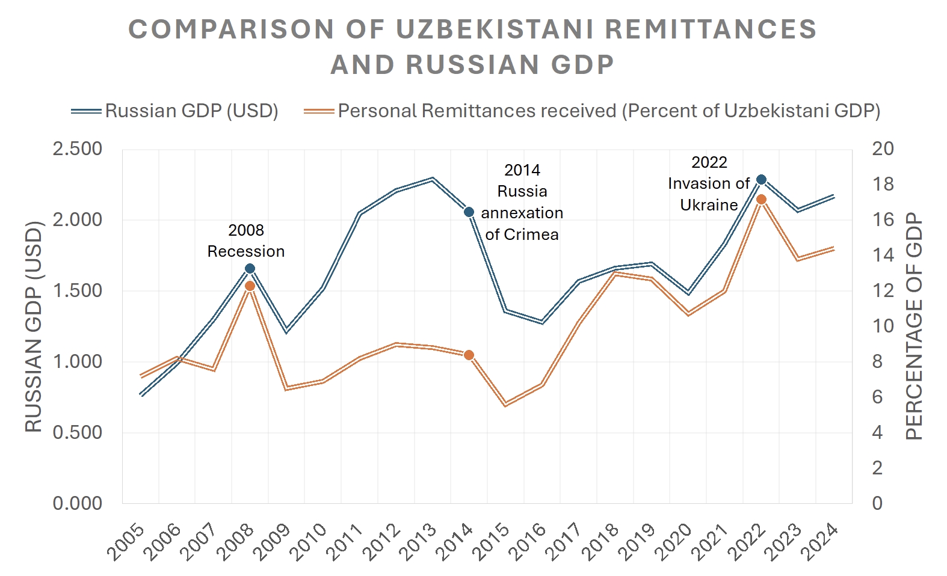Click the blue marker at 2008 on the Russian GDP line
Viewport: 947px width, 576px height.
click(250, 269)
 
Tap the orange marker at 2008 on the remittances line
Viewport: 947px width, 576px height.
click(250, 286)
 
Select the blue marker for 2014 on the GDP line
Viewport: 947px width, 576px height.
click(469, 212)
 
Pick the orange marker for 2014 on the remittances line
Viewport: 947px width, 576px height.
click(469, 355)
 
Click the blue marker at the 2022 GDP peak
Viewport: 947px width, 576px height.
click(761, 180)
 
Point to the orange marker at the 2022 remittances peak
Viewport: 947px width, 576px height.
click(761, 200)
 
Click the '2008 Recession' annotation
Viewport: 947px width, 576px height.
click(246, 241)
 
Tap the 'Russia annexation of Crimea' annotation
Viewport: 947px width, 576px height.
click(522, 203)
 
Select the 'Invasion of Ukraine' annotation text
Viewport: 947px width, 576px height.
click(709, 184)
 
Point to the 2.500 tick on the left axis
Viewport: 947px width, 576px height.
click(78, 149)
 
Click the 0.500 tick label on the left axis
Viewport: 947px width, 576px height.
click(78, 432)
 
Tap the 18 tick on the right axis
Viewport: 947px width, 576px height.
click(883, 184)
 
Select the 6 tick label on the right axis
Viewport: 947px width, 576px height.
click(878, 397)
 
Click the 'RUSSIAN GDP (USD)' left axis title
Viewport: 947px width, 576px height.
click(34, 326)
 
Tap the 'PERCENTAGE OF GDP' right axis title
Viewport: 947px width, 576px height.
click(914, 326)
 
